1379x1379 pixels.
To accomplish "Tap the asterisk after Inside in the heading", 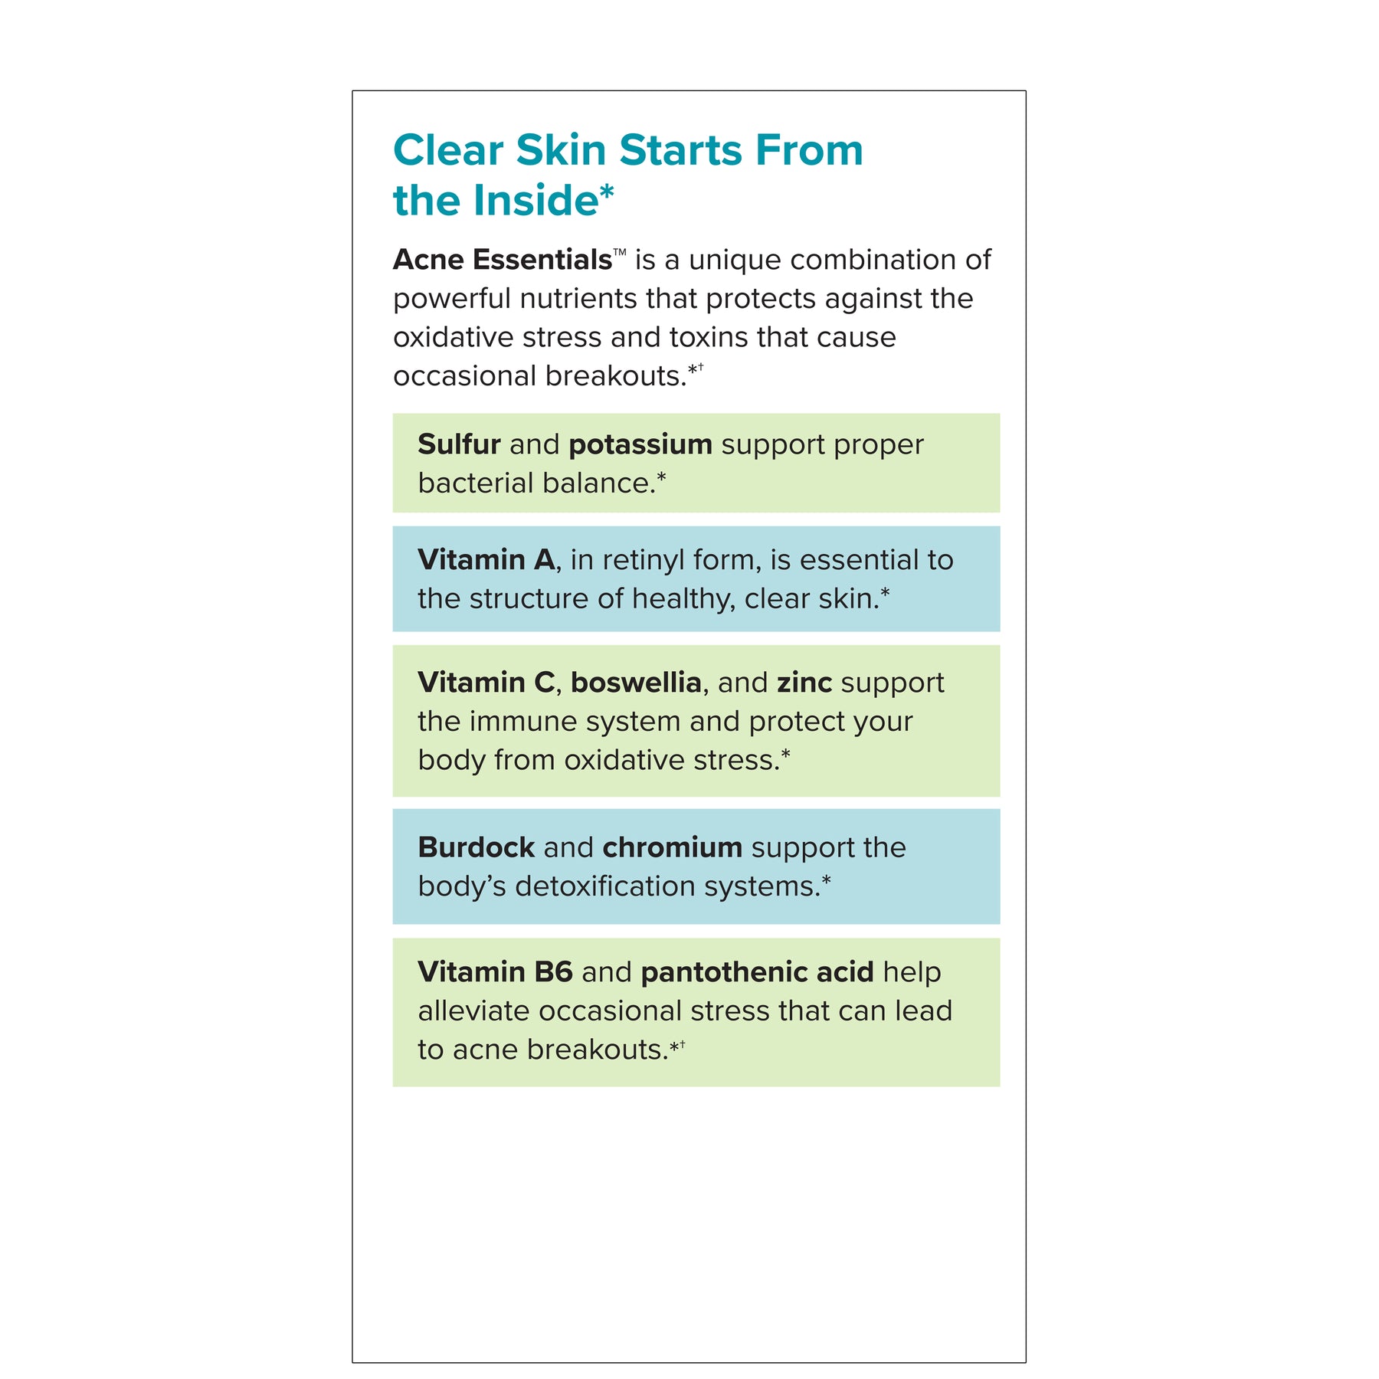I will coord(606,192).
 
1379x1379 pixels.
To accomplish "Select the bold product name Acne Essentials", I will coord(502,260).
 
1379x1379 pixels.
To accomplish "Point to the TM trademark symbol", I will coord(620,252).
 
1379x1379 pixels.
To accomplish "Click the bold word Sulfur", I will coord(459,444).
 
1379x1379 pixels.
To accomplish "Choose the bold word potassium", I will coord(640,444).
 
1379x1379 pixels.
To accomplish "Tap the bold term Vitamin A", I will coord(486,560).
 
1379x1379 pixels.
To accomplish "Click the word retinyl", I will coord(644,560).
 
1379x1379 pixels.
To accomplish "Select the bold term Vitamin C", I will coord(486,683).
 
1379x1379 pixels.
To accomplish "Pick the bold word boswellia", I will coord(636,683).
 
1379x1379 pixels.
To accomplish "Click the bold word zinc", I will coord(804,683).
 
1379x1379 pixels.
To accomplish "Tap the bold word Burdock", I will coord(476,847).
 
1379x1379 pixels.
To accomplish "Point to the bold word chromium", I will coord(672,847).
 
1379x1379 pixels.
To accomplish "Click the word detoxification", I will coord(605,886).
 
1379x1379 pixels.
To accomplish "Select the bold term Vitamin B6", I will coord(495,972).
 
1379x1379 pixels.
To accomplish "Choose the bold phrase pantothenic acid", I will coord(757,972).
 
